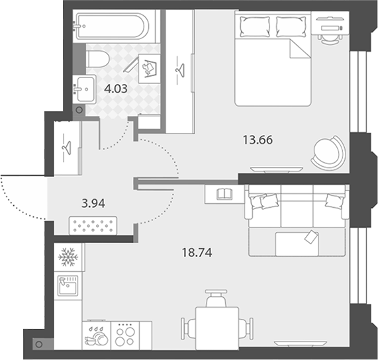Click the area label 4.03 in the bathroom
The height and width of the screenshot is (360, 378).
[116, 89]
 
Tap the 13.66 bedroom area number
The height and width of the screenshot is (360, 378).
[258, 140]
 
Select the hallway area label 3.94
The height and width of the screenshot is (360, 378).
[93, 204]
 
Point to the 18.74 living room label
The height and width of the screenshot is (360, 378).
[197, 253]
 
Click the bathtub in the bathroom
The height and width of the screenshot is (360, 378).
[111, 26]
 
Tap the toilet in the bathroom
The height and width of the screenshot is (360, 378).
[97, 59]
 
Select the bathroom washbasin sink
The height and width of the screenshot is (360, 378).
[84, 89]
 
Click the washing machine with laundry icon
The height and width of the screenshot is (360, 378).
[150, 69]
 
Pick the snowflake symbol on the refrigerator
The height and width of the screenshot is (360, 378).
[68, 257]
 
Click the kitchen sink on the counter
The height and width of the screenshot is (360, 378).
[68, 286]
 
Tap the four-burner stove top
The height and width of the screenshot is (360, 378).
[125, 336]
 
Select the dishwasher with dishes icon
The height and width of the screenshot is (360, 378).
[97, 336]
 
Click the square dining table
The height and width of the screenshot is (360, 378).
[217, 328]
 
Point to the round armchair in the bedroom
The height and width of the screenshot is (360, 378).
[329, 153]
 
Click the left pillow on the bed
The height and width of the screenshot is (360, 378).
[255, 26]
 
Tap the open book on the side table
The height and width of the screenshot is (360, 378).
[224, 194]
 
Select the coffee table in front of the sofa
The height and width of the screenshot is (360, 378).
[297, 244]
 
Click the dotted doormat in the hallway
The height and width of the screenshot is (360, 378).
[93, 226]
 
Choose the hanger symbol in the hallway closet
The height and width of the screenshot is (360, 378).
[67, 148]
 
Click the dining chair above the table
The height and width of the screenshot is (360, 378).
[216, 298]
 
